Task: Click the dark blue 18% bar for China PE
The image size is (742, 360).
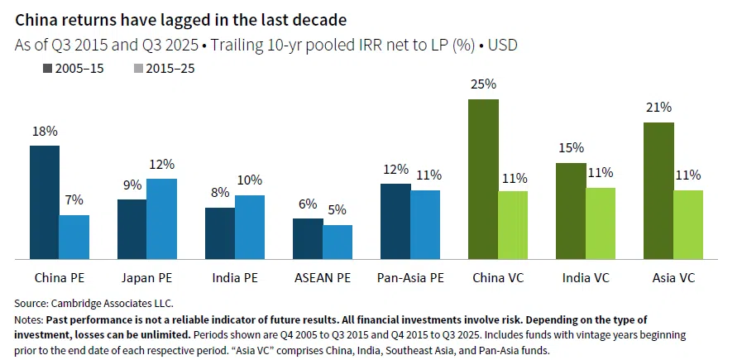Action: (x=45, y=203)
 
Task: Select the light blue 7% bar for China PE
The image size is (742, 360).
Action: (x=74, y=238)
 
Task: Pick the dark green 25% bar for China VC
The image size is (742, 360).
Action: (x=483, y=180)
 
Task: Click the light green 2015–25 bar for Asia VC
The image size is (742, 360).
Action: (x=688, y=225)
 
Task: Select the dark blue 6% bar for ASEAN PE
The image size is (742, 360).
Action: (x=308, y=239)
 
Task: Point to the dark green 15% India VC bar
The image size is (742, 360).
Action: (x=571, y=211)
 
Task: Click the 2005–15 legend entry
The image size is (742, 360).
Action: (x=75, y=69)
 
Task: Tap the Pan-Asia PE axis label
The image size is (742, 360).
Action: (x=410, y=279)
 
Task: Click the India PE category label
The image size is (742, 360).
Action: (x=235, y=279)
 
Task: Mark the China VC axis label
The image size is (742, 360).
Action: (x=498, y=279)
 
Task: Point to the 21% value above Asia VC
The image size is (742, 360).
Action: (x=658, y=108)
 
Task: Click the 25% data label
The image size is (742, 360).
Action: (x=483, y=84)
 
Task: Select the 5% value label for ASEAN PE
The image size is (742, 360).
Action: (x=337, y=210)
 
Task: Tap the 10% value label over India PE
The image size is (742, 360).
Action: (x=250, y=180)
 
